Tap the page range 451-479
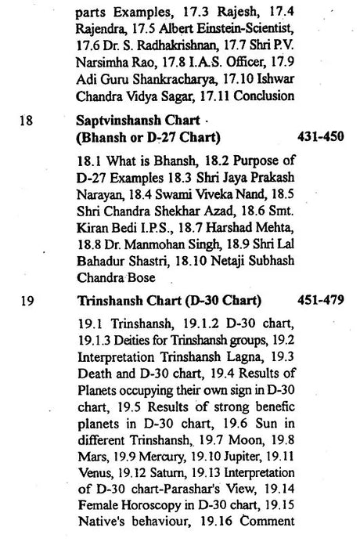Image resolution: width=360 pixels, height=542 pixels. pos(321,300)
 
